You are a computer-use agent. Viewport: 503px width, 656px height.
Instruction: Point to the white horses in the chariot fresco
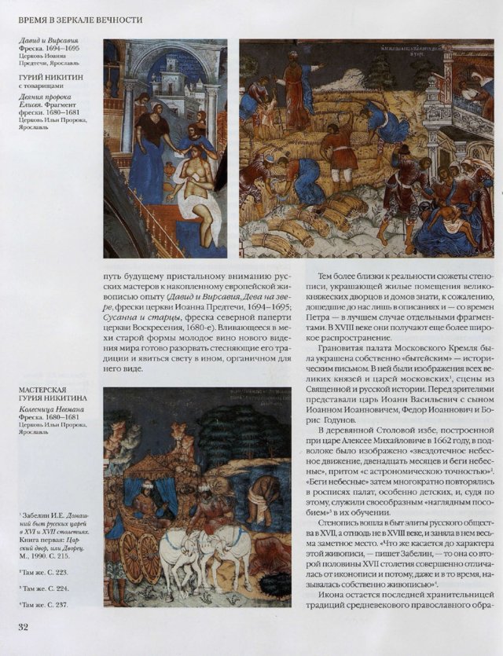pyautogui.click(x=204, y=546)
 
